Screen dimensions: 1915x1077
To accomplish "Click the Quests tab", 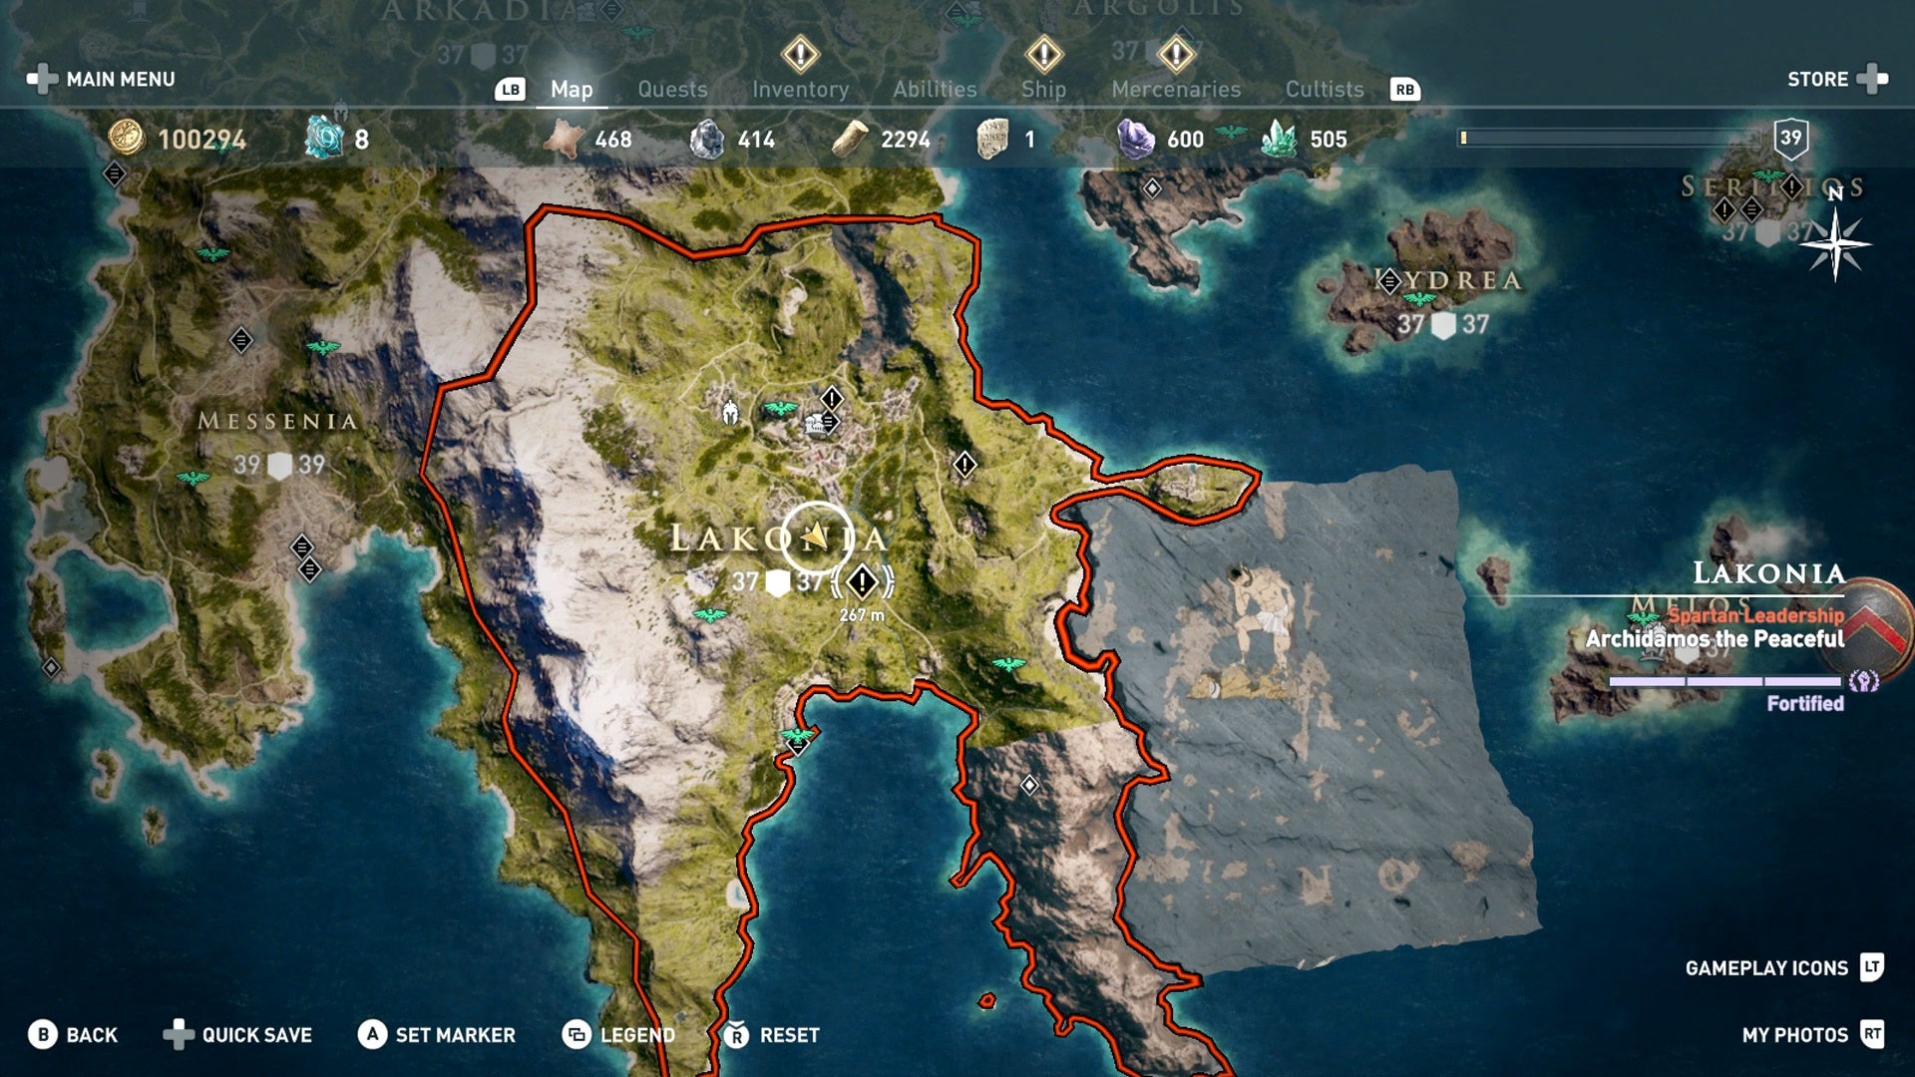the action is pyautogui.click(x=672, y=90).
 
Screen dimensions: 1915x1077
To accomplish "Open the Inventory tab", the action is pyautogui.click(x=800, y=90).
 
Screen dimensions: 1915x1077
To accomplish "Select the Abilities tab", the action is pyautogui.click(x=935, y=90).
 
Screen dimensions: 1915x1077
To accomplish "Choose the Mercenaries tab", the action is pyautogui.click(x=1176, y=90).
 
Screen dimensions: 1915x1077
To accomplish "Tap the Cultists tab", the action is pyautogui.click(x=1324, y=90).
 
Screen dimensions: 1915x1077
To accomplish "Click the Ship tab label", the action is pyautogui.click(x=1043, y=90).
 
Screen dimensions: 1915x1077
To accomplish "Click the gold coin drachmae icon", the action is pyautogui.click(x=127, y=138).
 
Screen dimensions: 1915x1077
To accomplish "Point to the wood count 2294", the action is pyautogui.click(x=905, y=140).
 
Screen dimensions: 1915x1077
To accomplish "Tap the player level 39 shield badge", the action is pyautogui.click(x=1790, y=139).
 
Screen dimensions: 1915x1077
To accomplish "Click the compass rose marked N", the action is pyautogui.click(x=1835, y=242).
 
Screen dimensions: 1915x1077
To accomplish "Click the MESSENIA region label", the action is pyautogui.click(x=277, y=422).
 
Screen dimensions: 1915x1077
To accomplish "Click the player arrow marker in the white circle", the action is pyautogui.click(x=816, y=538).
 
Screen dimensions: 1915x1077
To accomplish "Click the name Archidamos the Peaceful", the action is pyautogui.click(x=1715, y=639).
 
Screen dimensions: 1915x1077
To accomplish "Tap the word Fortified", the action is pyautogui.click(x=1804, y=703).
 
